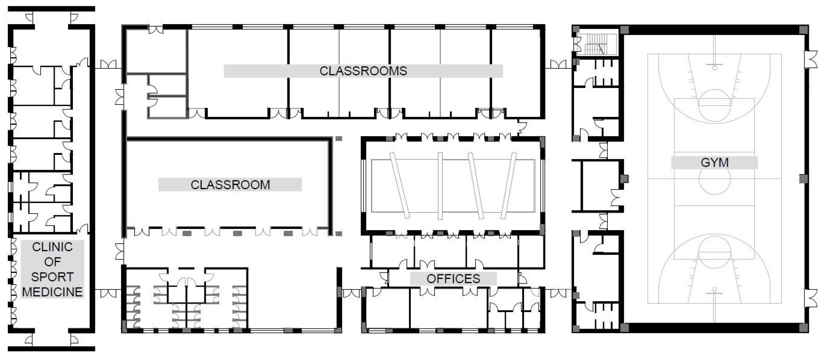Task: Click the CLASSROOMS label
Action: (363, 71)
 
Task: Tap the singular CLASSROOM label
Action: (230, 185)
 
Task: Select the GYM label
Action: (715, 162)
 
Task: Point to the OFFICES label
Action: (453, 279)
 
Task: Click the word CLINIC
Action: (53, 247)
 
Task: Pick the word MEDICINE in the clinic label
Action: (53, 292)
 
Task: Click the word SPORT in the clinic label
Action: (53, 277)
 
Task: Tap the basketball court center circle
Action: (715, 179)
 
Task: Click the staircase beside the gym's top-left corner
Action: (596, 44)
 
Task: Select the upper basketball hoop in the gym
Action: (715, 68)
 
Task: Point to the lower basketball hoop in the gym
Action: (715, 290)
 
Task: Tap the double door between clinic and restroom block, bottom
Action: (109, 293)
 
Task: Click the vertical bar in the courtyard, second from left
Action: (440, 186)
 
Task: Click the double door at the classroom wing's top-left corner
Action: (156, 30)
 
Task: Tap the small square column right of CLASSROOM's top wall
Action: (339, 139)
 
